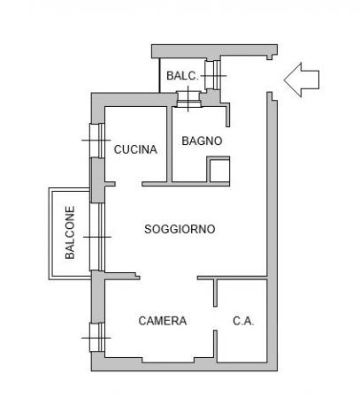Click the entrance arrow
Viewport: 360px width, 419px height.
(x=302, y=80)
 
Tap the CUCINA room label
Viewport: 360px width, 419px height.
(x=135, y=149)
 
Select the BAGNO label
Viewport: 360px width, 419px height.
(x=202, y=141)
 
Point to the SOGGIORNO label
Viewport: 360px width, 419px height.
(x=180, y=229)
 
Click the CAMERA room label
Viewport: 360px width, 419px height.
(x=163, y=321)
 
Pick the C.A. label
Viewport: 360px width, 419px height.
(x=243, y=321)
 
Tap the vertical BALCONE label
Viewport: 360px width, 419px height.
(x=70, y=232)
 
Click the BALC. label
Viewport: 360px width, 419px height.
(x=182, y=76)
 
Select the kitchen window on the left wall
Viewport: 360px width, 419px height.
(x=97, y=141)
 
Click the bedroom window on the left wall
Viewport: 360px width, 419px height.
(x=97, y=338)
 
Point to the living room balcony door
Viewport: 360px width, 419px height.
(x=97, y=237)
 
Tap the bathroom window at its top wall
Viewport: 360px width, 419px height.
(x=189, y=99)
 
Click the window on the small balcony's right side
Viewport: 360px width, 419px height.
(x=213, y=75)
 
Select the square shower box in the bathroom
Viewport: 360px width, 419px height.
(x=218, y=170)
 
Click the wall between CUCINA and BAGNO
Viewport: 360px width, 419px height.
(x=170, y=144)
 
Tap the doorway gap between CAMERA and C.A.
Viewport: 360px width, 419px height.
(x=216, y=318)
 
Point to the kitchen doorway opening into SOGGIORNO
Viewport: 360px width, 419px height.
(x=128, y=184)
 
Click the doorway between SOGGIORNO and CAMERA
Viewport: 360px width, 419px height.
(x=168, y=277)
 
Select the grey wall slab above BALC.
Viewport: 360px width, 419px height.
(x=214, y=51)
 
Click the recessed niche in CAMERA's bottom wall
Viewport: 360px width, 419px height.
(x=168, y=361)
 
